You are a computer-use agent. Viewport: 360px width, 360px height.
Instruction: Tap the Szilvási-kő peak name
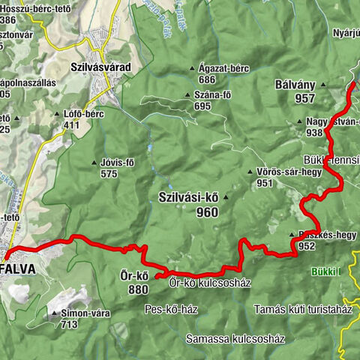pyautogui.click(x=188, y=197)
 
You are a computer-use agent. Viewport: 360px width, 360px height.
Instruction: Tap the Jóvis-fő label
pyautogui.click(x=116, y=162)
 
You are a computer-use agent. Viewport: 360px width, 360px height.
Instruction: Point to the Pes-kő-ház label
pyautogui.click(x=172, y=307)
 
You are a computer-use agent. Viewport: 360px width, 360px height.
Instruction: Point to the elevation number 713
pyautogui.click(x=70, y=324)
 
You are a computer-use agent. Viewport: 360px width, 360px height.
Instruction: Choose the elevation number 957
pyautogui.click(x=283, y=98)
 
